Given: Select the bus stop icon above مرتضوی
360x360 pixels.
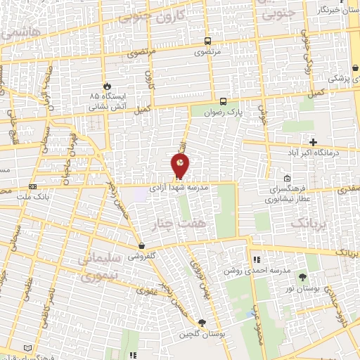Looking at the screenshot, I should point(207,41).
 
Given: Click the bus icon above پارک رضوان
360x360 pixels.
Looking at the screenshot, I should point(223,101).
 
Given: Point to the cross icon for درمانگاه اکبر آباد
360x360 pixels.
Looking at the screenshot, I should point(312,142).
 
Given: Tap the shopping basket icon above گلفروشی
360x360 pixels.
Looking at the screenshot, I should point(143,246).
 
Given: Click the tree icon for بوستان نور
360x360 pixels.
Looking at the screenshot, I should point(302,277).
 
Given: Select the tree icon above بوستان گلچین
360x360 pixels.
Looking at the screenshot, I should point(202,323).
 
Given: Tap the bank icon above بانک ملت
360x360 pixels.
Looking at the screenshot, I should point(32,186).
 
